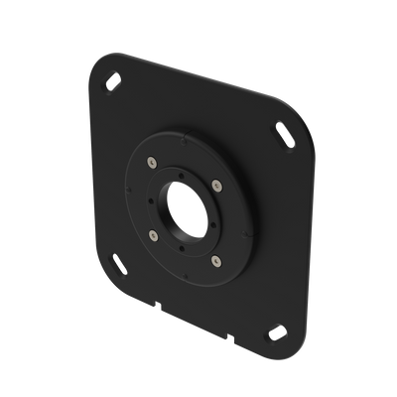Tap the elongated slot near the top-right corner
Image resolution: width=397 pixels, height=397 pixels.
click(285, 130)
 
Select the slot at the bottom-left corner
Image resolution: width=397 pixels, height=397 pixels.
click(120, 265)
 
